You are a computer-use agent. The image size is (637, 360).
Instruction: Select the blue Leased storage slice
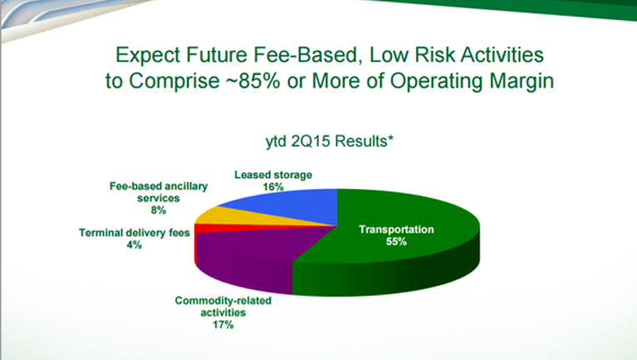pos(293,205)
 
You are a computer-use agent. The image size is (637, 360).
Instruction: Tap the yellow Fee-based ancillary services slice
pos(228,216)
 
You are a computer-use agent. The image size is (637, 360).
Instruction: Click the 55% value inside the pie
pos(397,242)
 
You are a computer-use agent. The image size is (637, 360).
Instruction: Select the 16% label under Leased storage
pos(273,187)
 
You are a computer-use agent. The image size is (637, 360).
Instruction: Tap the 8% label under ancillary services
pos(158,210)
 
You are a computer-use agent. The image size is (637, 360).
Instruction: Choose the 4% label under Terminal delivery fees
pos(134,245)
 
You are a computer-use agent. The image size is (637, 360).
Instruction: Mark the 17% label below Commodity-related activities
pos(223,325)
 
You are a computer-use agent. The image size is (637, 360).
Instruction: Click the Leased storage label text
pos(273,175)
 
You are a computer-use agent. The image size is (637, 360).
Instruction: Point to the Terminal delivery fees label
pos(134,233)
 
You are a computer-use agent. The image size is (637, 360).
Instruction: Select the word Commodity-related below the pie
pos(223,301)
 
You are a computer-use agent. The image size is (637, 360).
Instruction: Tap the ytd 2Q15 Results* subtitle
pos(329,141)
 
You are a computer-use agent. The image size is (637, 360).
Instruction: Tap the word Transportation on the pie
pos(397,229)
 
